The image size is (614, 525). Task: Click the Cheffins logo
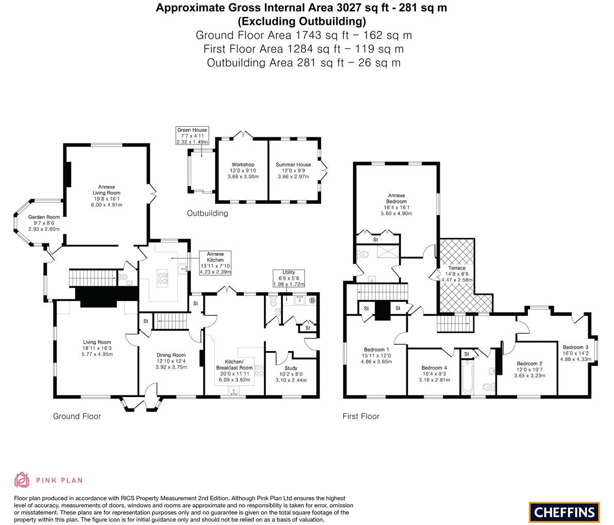tap(564, 512)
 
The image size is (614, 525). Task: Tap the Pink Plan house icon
tap(22, 480)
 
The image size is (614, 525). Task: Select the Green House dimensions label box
tap(192, 136)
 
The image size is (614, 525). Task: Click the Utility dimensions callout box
tap(288, 278)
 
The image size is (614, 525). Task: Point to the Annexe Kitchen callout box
tap(215, 263)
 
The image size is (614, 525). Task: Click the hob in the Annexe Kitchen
tap(163, 279)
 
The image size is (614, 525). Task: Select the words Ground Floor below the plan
tap(77, 416)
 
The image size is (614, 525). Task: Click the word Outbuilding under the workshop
tap(207, 213)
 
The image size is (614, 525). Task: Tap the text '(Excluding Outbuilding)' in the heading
tap(302, 21)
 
